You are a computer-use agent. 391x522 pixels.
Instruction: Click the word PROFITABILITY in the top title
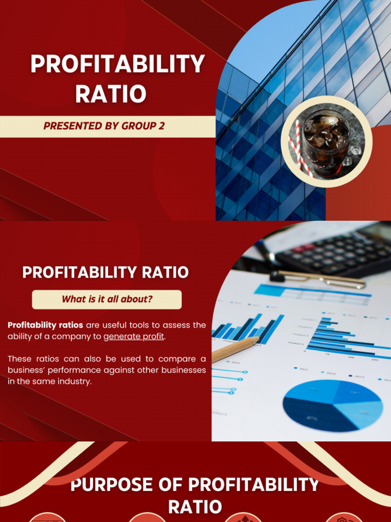(118, 65)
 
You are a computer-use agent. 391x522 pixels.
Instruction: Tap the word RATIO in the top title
(111, 94)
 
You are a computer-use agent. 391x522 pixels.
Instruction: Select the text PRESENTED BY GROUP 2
(104, 126)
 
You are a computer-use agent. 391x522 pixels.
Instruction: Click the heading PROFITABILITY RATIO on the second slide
(105, 272)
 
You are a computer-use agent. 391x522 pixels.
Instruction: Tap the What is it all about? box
(107, 299)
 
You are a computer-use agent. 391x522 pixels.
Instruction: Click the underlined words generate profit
(134, 336)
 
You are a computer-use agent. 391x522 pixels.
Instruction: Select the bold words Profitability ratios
(45, 325)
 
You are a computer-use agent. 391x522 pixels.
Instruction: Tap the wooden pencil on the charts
(235, 350)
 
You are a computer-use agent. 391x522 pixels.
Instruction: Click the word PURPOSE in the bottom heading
(100, 484)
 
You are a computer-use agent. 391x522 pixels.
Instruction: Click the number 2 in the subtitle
(161, 126)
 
